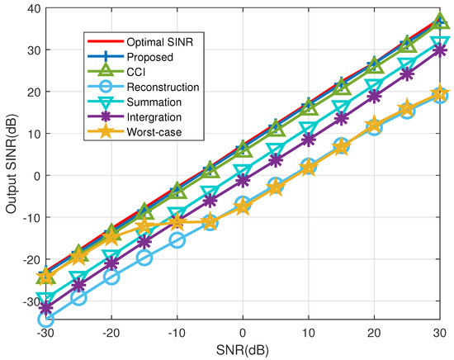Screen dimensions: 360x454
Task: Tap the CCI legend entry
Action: pos(139,73)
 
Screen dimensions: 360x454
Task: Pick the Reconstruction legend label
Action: pos(162,88)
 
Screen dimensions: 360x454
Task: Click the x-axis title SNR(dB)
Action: pos(243,351)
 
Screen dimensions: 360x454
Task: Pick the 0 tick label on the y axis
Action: pos(34,175)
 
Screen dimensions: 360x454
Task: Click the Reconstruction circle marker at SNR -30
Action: pos(45,320)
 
